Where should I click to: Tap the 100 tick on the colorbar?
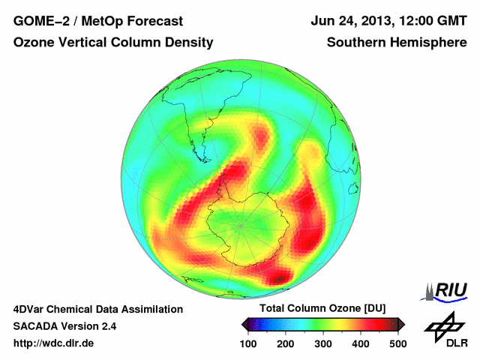point(249,343)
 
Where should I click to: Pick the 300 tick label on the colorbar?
point(323,343)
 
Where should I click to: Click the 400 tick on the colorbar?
point(361,343)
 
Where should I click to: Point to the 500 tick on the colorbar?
point(397,343)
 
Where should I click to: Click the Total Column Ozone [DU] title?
point(323,309)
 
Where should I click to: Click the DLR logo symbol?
point(441,326)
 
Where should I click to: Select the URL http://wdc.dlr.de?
point(54,343)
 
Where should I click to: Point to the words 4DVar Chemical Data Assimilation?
point(97,309)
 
